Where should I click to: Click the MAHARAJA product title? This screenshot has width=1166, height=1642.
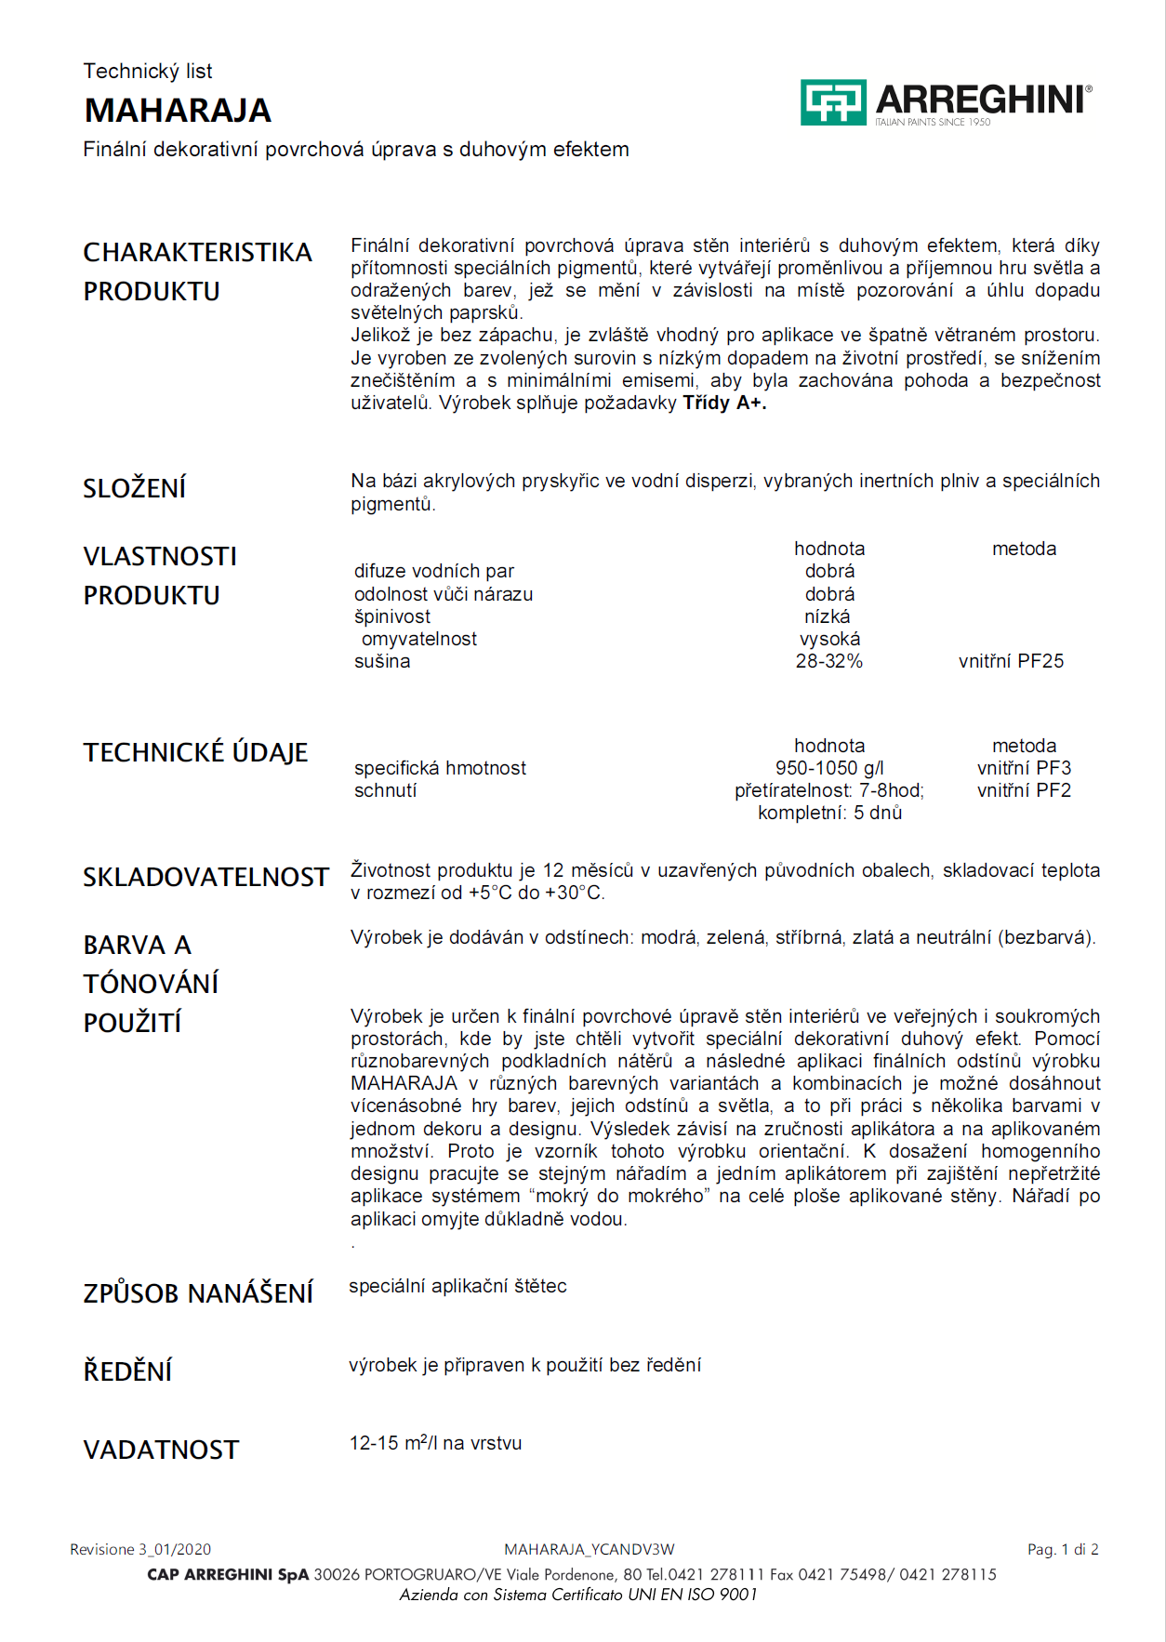coord(178,111)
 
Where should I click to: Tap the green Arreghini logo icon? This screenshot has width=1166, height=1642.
coord(833,102)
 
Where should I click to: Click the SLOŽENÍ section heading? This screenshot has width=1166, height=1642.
coord(135,488)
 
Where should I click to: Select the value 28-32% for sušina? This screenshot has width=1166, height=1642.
coord(828,661)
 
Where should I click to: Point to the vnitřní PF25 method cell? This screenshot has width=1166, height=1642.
coord(1011,661)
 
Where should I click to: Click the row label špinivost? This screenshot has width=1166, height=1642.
coord(391,616)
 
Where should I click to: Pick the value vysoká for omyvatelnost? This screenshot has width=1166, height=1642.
coord(829,639)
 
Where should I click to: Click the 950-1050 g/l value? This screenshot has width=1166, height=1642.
coord(829,768)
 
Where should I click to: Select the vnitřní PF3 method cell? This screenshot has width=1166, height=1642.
coord(1024,768)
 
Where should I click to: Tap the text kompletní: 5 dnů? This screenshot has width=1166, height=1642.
coord(829,813)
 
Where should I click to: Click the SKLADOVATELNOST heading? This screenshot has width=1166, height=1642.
coord(205,877)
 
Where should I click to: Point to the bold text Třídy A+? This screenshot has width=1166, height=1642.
coord(724,403)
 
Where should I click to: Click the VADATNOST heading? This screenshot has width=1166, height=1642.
coord(161,1450)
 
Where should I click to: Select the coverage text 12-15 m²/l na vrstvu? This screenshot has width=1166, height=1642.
coord(435,1443)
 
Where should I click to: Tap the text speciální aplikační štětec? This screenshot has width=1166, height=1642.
coord(457,1286)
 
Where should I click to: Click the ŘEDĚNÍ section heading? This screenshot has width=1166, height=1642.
coord(127,1371)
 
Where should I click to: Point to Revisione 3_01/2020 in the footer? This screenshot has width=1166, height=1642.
coord(140,1549)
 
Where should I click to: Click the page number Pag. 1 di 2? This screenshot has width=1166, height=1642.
coord(1063,1549)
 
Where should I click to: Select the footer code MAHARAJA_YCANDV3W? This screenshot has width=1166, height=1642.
coord(589,1549)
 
